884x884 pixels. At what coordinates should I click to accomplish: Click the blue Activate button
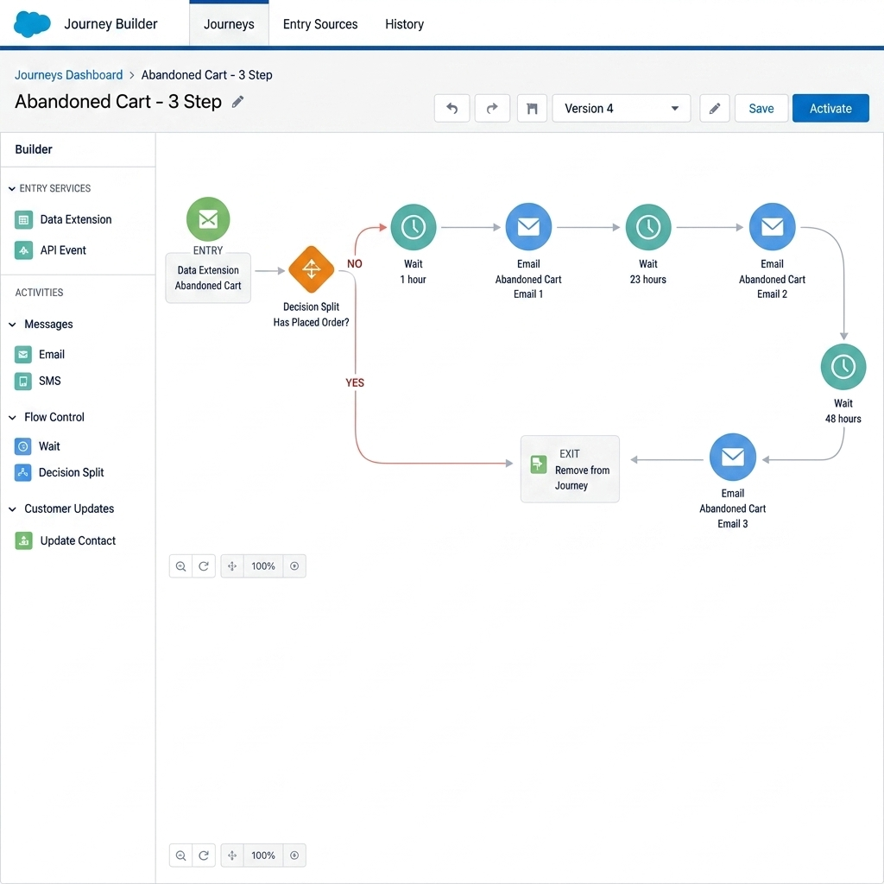(x=830, y=108)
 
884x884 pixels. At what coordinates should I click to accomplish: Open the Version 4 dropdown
(x=621, y=108)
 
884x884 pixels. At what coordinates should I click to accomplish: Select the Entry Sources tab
(x=320, y=24)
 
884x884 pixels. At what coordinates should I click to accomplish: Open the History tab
(x=404, y=24)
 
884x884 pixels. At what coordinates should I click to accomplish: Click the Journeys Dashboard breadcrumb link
(x=69, y=75)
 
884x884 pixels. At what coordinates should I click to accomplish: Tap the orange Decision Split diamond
(x=311, y=269)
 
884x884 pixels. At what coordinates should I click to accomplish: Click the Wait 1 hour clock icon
(x=414, y=227)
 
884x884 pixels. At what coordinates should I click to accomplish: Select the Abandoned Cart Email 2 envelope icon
(x=772, y=227)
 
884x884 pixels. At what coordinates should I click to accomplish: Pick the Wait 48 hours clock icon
(x=843, y=366)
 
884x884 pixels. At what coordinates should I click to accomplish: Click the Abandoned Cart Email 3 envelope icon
(x=732, y=457)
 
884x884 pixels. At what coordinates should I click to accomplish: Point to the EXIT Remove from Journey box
(x=570, y=469)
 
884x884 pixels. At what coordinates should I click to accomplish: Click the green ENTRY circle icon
(x=208, y=218)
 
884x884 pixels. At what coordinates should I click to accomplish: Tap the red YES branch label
(x=355, y=382)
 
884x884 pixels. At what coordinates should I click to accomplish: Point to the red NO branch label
(x=355, y=264)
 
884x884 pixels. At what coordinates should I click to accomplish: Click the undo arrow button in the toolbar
(x=451, y=108)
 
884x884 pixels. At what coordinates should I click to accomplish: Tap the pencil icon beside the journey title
(x=238, y=102)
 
